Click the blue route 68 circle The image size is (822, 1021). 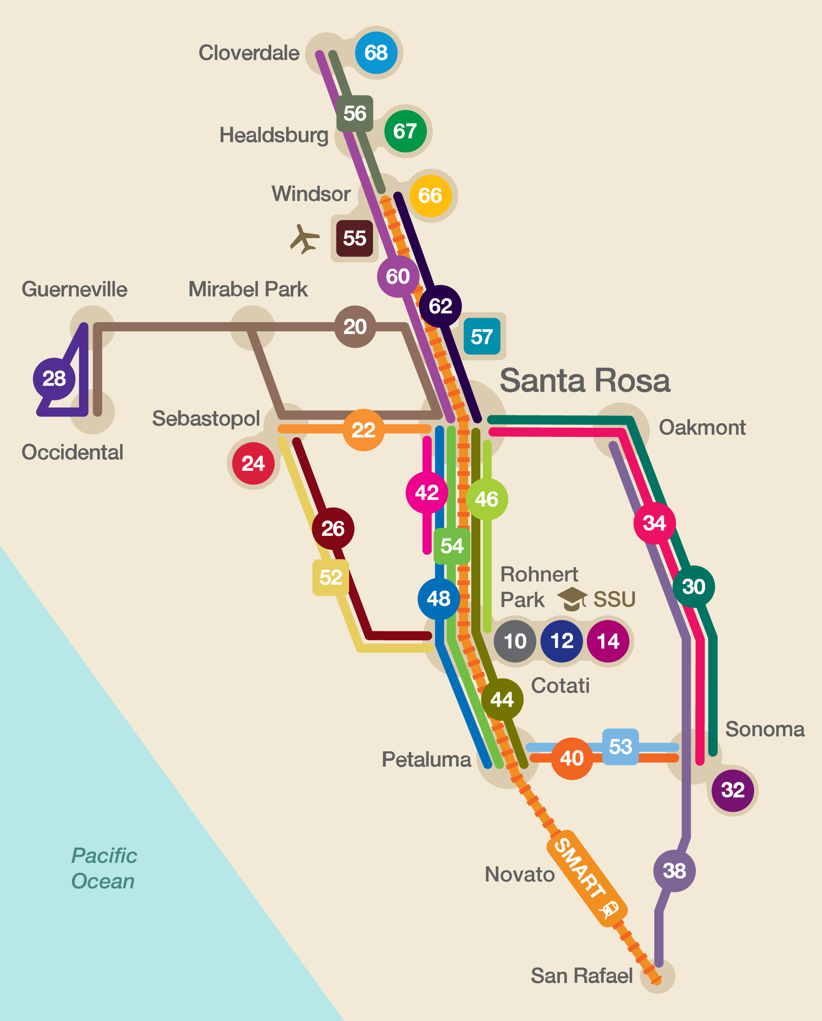tap(376, 53)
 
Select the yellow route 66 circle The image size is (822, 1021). tap(430, 196)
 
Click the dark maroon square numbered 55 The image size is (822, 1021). tap(354, 238)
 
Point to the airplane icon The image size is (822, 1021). tap(304, 239)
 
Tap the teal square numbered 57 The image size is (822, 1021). tap(482, 337)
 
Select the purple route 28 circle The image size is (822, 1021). tap(54, 379)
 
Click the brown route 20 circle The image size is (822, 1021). tap(355, 327)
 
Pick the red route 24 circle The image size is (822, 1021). tap(253, 463)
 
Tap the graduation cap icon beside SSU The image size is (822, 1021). tap(572, 599)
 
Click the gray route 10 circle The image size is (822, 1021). tap(515, 641)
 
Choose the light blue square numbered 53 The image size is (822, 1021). tap(620, 747)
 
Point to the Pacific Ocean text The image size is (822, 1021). tap(104, 868)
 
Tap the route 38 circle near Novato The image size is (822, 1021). tap(674, 870)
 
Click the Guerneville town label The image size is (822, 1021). tap(75, 289)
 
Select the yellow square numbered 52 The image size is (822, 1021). tap(330, 577)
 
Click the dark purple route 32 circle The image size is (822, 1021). tap(733, 790)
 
